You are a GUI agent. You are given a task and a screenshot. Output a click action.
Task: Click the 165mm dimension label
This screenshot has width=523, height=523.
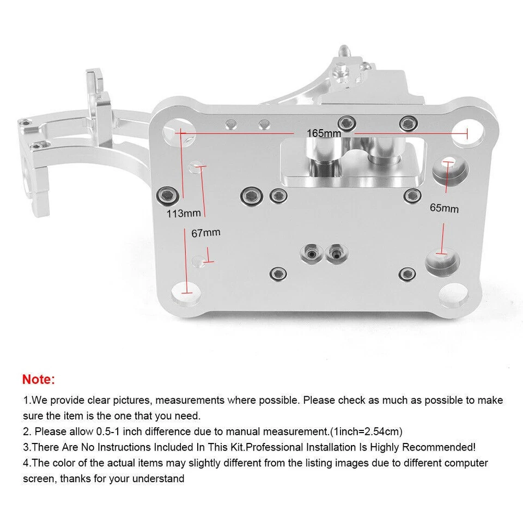(x=324, y=133)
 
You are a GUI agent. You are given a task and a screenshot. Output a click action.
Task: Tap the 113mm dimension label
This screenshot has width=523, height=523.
(x=184, y=214)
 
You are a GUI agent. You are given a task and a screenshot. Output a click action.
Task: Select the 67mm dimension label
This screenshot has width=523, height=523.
(x=206, y=233)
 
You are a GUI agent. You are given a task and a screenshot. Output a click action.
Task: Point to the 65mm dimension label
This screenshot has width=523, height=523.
(x=444, y=208)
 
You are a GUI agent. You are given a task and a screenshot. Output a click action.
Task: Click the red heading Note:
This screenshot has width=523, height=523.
(x=39, y=379)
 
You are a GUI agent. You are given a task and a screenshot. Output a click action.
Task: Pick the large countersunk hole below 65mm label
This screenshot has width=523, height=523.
(x=442, y=261)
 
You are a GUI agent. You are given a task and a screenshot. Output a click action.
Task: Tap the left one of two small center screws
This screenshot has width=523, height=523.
(x=310, y=253)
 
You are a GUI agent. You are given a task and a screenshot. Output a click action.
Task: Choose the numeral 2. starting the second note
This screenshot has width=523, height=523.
(x=27, y=431)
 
